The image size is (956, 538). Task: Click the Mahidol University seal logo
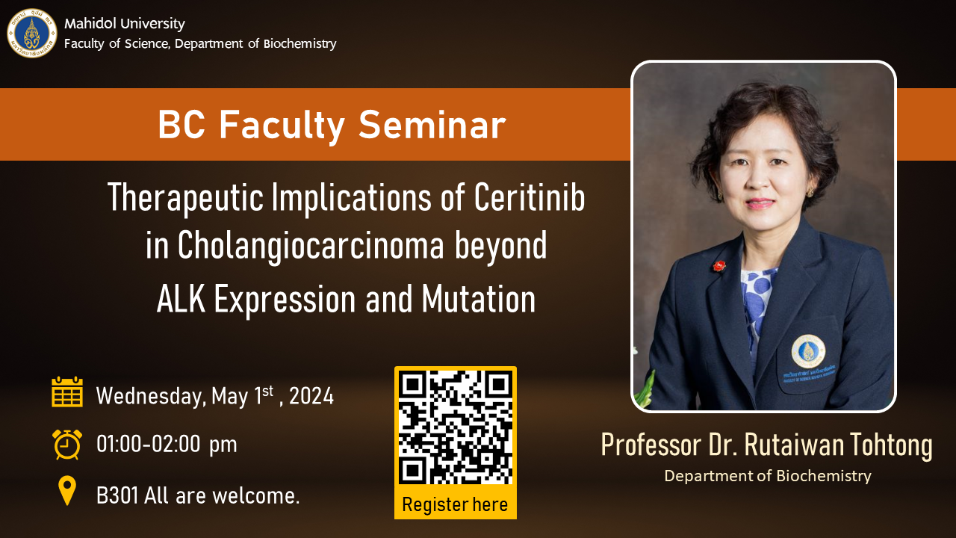(x=32, y=34)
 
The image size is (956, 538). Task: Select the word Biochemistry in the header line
(x=300, y=44)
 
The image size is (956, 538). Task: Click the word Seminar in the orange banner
(x=432, y=125)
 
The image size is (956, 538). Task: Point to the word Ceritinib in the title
(x=530, y=197)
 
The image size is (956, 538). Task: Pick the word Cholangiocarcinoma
(x=311, y=245)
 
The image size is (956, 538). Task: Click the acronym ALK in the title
(x=181, y=300)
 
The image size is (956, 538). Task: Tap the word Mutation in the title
(x=479, y=300)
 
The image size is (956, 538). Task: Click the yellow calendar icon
(x=67, y=392)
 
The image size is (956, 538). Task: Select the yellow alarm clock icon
(x=67, y=445)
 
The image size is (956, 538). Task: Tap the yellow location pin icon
(x=67, y=491)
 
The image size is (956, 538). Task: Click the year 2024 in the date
(x=311, y=396)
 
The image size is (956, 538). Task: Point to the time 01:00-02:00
(x=149, y=444)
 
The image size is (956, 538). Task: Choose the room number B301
(x=117, y=496)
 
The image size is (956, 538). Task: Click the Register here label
(x=455, y=504)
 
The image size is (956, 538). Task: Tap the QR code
(x=456, y=427)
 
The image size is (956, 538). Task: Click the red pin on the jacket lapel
(x=719, y=265)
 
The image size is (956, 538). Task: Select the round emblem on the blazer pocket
(x=808, y=351)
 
